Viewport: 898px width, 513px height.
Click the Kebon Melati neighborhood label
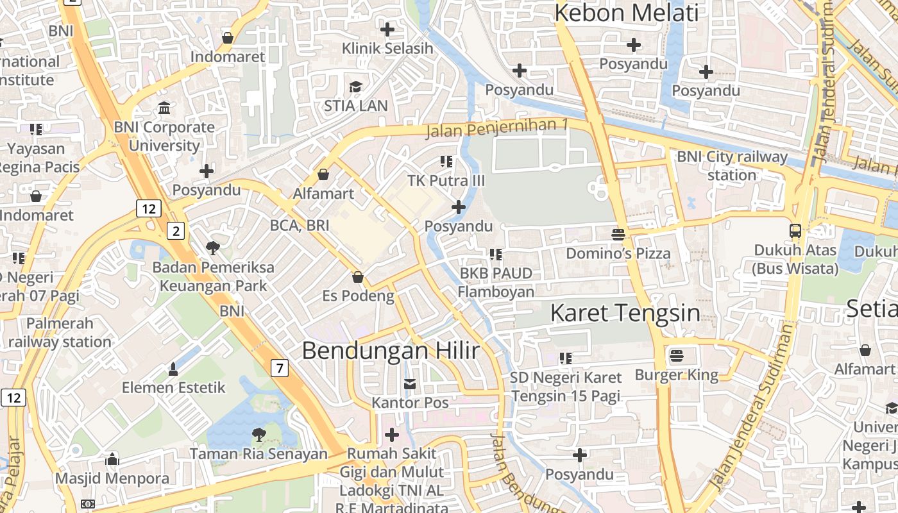[626, 13]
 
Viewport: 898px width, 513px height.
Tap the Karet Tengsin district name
[625, 313]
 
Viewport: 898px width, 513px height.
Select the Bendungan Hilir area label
[391, 351]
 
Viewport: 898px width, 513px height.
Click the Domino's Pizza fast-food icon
[618, 234]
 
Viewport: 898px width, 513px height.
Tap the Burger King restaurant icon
[677, 355]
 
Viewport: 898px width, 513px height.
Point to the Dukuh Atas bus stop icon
[795, 230]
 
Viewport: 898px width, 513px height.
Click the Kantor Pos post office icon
[409, 383]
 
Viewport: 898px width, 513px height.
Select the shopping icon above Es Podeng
[358, 277]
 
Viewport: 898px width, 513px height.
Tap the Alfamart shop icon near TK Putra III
[323, 174]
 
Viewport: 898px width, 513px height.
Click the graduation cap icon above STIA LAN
[355, 87]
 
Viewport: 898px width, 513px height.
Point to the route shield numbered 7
[279, 368]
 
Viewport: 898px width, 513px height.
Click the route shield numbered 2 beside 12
[176, 231]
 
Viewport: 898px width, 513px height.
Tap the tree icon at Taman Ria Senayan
[258, 435]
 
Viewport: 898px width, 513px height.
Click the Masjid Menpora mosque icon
[112, 459]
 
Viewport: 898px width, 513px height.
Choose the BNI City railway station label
[732, 165]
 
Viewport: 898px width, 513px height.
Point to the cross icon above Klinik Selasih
[387, 29]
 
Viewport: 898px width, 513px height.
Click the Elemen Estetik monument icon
[173, 369]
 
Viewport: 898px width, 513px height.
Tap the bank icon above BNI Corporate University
[164, 108]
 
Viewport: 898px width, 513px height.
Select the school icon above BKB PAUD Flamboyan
[495, 255]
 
